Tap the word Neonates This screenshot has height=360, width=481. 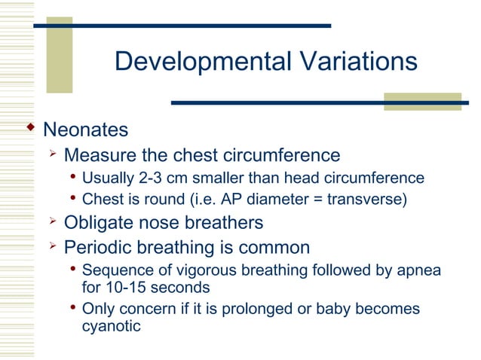pos(85,130)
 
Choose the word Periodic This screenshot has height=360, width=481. pos(95,247)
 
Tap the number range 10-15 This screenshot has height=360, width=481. pos(124,287)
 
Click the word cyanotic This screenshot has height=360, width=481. pos(111,327)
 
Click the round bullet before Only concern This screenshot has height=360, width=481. pos(72,309)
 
